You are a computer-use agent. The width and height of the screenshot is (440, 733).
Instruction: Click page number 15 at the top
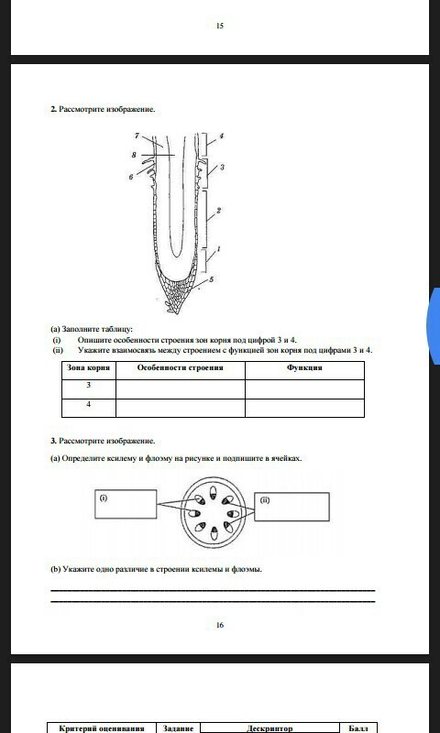[x=220, y=26]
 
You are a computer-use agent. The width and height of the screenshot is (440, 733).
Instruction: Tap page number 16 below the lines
[x=220, y=625]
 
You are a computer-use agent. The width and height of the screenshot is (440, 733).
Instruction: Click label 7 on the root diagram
[x=137, y=136]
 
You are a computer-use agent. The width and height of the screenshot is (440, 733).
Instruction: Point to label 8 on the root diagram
[x=134, y=155]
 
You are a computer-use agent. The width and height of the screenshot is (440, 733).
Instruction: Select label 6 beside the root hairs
[x=131, y=177]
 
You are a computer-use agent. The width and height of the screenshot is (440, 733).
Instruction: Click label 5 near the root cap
[x=212, y=279]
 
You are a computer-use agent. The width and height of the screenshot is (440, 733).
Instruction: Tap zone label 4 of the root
[x=222, y=136]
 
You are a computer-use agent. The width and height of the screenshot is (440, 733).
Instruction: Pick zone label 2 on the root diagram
[x=218, y=211]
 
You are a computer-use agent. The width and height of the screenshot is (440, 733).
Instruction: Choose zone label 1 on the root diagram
[x=219, y=249]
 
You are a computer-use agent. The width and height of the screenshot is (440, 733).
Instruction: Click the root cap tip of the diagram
[x=177, y=312]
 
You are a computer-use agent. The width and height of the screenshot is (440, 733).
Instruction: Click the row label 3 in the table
[x=88, y=385]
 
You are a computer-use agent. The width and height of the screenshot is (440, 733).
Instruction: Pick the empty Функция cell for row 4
[x=304, y=408]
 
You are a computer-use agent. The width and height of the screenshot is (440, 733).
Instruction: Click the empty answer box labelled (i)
[x=126, y=504]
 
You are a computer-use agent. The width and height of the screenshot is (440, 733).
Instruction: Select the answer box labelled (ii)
[x=291, y=507]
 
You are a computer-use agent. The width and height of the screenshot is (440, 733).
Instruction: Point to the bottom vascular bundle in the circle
[x=214, y=533]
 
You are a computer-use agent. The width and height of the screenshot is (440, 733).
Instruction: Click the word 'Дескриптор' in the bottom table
[x=269, y=728]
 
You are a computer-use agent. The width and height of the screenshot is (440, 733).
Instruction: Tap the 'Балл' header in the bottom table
[x=358, y=728]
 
